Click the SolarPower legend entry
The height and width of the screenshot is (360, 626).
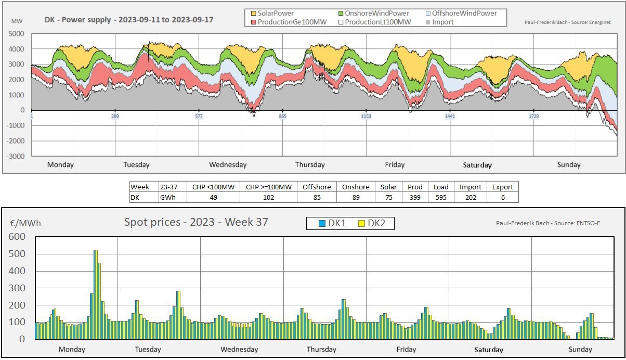click(x=272, y=13)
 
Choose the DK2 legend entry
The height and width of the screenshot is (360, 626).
click(x=378, y=223)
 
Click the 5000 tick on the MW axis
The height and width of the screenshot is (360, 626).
click(x=17, y=34)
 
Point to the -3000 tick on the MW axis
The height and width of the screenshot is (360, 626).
click(x=16, y=156)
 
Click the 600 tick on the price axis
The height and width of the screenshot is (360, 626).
click(x=17, y=237)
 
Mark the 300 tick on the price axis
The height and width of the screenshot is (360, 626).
click(x=17, y=288)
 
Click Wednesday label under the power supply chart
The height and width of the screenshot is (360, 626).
click(x=228, y=165)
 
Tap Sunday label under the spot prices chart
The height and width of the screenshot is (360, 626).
click(x=580, y=349)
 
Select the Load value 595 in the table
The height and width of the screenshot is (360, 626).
click(x=441, y=197)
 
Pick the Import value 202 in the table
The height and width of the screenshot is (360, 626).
click(x=469, y=197)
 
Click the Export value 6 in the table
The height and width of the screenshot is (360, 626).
click(x=502, y=197)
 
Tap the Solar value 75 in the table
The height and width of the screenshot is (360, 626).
click(x=388, y=197)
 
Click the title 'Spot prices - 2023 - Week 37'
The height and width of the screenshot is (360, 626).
click(x=196, y=222)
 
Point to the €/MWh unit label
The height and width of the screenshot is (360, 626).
click(x=25, y=224)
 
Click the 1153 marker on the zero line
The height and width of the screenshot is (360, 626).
click(x=366, y=117)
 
